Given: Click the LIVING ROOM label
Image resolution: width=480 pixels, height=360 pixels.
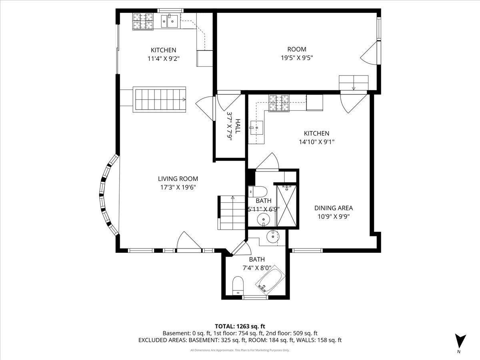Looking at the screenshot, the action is (x=178, y=178).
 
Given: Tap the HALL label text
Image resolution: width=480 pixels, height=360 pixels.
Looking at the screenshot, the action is (x=238, y=126).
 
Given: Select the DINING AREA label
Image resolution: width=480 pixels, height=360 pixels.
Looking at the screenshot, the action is (x=334, y=208).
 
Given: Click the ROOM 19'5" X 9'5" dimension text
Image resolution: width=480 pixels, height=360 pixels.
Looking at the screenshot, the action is (x=297, y=58).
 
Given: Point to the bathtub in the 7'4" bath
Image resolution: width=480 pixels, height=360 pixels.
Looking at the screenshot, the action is (x=270, y=279).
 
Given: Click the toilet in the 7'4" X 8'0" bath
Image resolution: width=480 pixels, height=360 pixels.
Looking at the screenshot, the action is (x=238, y=286).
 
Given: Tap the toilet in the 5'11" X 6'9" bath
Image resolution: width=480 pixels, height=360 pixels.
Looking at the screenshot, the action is (x=258, y=192).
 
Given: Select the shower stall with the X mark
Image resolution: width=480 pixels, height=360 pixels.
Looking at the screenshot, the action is (x=286, y=206).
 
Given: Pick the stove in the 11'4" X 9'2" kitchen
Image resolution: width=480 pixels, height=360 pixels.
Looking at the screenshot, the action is (x=143, y=21).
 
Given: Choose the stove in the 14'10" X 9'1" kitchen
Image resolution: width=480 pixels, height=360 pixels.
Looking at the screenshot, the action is (x=279, y=103).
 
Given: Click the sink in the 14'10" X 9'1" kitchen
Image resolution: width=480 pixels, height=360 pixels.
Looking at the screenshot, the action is (x=256, y=128).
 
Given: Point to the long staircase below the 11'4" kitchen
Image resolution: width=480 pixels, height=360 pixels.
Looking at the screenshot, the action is (x=160, y=100).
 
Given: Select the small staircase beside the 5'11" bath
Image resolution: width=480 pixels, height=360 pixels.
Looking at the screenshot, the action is (x=231, y=213).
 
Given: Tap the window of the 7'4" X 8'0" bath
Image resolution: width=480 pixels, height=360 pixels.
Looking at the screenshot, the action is (x=255, y=297).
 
